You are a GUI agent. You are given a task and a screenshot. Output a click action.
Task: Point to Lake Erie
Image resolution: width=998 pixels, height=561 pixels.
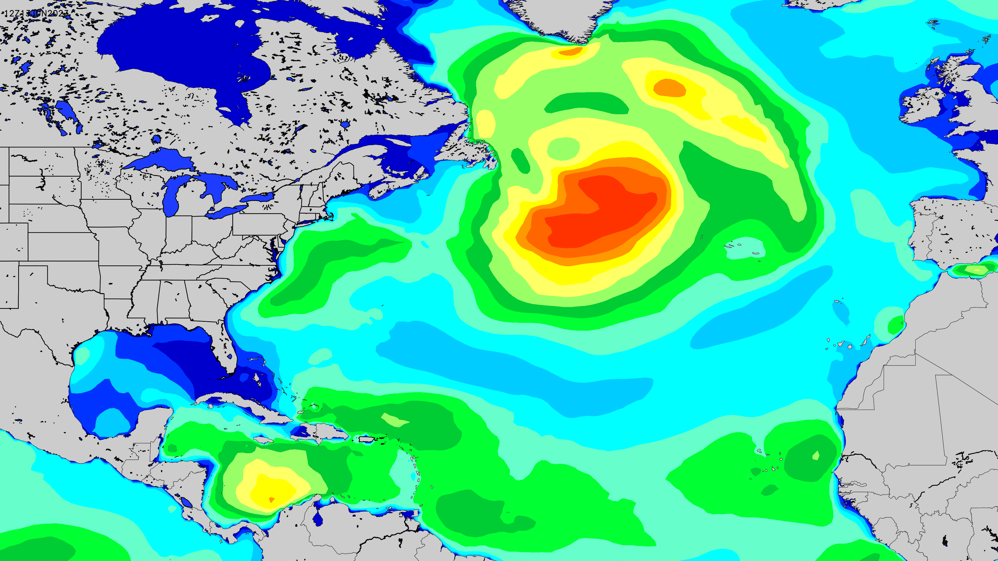tap(227, 211)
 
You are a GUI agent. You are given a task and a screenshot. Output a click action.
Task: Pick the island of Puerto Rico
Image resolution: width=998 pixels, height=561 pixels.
tap(366, 439)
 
